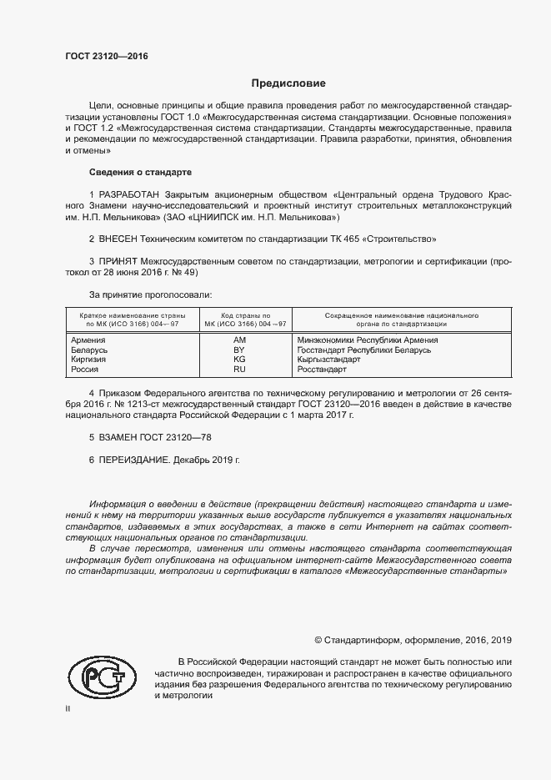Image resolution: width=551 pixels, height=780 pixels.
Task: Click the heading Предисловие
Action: [x=289, y=83]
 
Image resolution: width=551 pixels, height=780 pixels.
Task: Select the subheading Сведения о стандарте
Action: [x=140, y=172]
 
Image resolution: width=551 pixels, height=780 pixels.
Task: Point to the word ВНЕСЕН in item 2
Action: [x=120, y=239]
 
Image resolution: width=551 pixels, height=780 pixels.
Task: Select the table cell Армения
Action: [x=88, y=340]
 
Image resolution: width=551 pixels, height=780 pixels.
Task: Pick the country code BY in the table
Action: [x=240, y=350]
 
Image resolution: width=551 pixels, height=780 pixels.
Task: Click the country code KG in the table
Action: [x=240, y=360]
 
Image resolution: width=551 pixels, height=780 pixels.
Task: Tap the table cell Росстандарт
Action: [x=321, y=369]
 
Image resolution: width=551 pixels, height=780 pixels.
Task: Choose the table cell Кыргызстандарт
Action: [x=328, y=360]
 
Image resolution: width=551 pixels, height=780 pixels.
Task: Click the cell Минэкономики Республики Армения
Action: [x=368, y=340]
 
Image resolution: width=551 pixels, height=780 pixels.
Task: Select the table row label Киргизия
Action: [x=89, y=360]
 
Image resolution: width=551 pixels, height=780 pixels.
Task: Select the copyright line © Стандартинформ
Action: [x=413, y=640]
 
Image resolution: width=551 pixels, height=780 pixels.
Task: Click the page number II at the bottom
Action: [x=68, y=709]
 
